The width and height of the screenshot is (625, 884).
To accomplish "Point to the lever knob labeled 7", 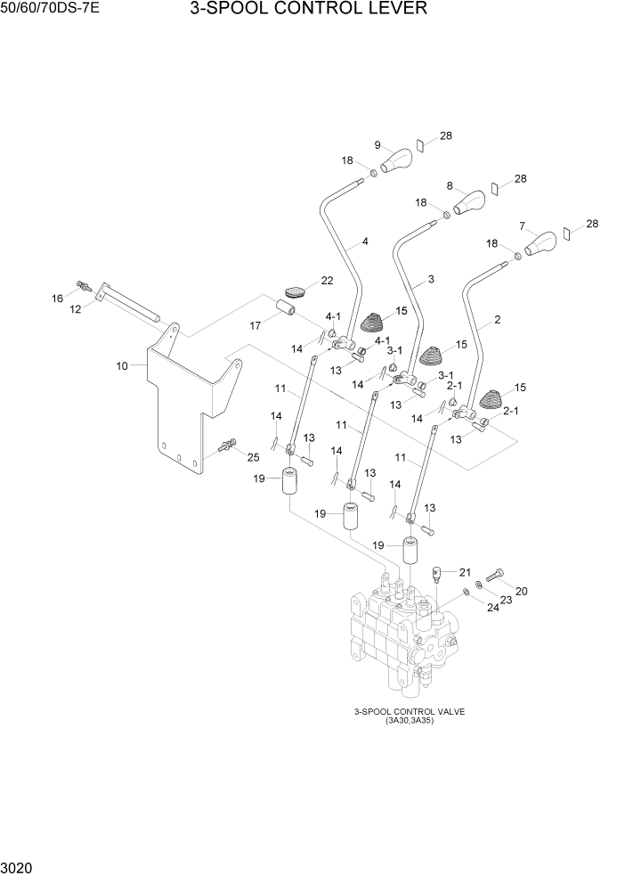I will pos(541,241).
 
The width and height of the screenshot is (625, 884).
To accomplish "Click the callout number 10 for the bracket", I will pos(123,365).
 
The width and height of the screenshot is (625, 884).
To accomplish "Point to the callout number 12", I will pos(76,308).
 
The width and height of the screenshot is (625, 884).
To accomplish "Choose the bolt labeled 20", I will pos(495,573).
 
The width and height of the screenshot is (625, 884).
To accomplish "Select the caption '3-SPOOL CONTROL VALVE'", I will pos(410,711).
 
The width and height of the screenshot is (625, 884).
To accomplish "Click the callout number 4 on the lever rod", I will pos(364,241).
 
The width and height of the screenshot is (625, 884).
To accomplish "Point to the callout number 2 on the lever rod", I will pos(497,319).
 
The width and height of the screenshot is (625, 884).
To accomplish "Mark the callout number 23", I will pos(506,600).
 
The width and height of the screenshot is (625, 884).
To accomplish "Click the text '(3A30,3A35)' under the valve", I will pos(410,721).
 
